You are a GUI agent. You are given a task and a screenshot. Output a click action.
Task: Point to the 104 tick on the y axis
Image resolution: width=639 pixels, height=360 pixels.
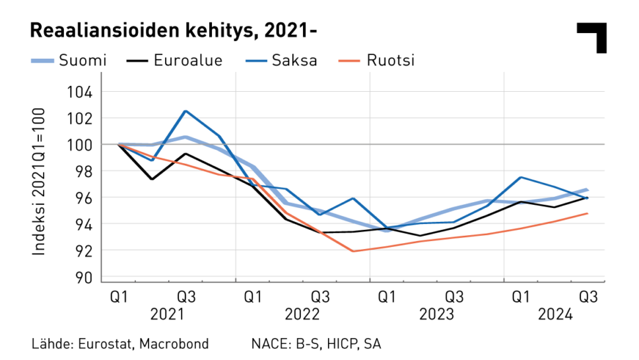[81, 92]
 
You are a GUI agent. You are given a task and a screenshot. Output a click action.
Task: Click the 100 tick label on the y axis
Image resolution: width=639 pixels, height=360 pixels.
[81, 145]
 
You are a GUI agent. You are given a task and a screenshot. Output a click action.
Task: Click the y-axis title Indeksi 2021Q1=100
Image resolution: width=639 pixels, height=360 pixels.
[39, 184]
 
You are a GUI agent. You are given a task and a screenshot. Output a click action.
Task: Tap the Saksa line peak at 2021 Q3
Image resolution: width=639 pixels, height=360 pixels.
[185, 111]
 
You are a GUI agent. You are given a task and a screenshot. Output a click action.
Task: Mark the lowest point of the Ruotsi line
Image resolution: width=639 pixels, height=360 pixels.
[353, 251]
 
